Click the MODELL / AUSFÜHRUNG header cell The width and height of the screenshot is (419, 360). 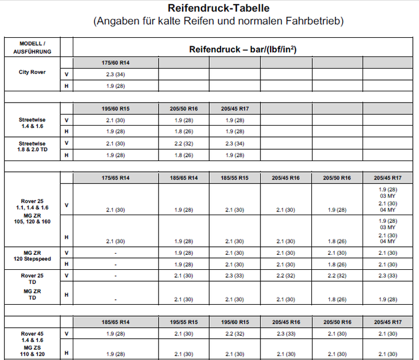click(32, 47)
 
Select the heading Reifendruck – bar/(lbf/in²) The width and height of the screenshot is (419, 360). click(243, 49)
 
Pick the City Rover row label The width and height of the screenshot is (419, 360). click(32, 72)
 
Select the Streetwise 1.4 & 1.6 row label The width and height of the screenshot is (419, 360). click(32, 123)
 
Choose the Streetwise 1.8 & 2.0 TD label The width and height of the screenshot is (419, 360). click(32, 146)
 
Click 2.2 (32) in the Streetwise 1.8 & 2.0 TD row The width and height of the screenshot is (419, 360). click(184, 143)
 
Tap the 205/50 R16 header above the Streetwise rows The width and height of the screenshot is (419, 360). click(184, 109)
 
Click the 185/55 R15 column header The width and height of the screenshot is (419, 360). click(234, 178)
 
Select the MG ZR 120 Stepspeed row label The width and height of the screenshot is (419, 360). click(32, 256)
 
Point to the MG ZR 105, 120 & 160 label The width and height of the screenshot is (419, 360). click(32, 219)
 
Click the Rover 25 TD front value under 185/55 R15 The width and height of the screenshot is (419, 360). click(234, 275)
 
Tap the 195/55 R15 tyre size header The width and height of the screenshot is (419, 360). click(184, 323)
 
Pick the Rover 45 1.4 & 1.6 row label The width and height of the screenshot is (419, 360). click(32, 337)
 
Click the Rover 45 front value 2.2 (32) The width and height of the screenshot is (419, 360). click(234, 334)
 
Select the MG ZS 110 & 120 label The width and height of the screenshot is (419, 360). click(32, 351)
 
